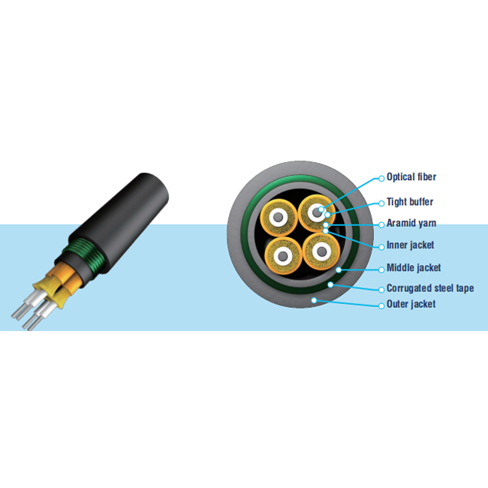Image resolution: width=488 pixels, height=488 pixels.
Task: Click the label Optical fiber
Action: [411, 176]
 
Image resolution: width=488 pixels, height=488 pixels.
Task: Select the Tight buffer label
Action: [410, 202]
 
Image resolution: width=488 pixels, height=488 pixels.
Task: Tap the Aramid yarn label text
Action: [411, 223]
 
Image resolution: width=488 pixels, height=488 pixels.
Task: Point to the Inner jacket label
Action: [410, 246]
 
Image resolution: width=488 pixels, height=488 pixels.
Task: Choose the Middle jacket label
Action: [414, 268]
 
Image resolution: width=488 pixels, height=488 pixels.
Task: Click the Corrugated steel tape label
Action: [430, 288]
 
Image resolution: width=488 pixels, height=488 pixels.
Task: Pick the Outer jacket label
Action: [411, 304]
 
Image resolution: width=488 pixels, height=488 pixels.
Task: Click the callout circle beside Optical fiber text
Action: [381, 179]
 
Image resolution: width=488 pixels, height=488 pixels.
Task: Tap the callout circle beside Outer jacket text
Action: [381, 306]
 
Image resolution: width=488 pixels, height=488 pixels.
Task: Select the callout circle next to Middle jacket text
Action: [381, 270]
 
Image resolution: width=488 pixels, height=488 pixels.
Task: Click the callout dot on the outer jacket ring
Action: [314, 300]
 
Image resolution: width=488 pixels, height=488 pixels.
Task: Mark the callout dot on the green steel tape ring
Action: [330, 285]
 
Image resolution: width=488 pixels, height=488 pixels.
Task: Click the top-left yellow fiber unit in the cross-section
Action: [279, 217]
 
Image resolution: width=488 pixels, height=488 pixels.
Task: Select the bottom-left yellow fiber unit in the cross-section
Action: [283, 256]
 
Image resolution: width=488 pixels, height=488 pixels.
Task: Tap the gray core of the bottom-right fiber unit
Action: [321, 251]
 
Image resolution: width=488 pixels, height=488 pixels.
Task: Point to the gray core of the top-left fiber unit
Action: [279, 217]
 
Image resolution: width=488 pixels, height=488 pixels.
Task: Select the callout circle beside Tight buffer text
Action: [381, 203]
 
